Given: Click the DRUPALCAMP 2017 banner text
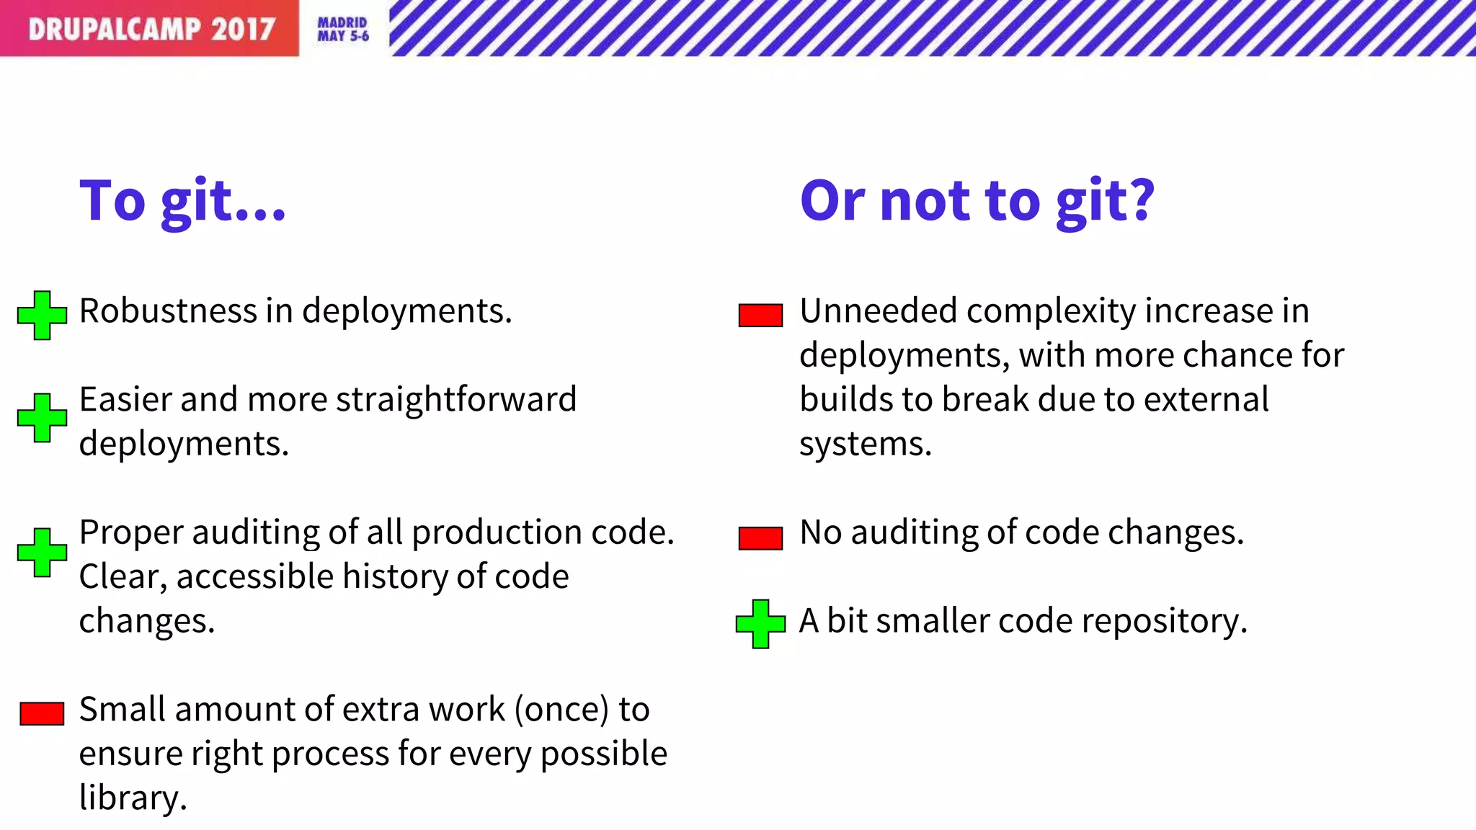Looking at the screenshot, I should click(151, 29).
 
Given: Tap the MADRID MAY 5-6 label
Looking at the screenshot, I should click(343, 30).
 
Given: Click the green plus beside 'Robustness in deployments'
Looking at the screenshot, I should click(43, 315).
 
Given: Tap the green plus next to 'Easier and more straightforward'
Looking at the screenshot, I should click(43, 417).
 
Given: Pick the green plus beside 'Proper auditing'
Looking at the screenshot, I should click(43, 552).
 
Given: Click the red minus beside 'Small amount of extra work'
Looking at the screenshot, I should click(42, 713).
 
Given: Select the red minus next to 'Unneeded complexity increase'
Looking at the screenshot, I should click(760, 315).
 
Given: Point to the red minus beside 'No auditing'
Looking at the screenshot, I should click(760, 537).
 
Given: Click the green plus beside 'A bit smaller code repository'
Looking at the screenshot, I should click(760, 623).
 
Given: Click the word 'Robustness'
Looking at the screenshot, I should click(168, 311).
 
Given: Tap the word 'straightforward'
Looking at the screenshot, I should click(456, 400).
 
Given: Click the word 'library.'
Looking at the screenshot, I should click(133, 798).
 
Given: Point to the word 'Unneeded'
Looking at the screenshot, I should click(877, 311).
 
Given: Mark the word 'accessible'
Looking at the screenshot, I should click(254, 577).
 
